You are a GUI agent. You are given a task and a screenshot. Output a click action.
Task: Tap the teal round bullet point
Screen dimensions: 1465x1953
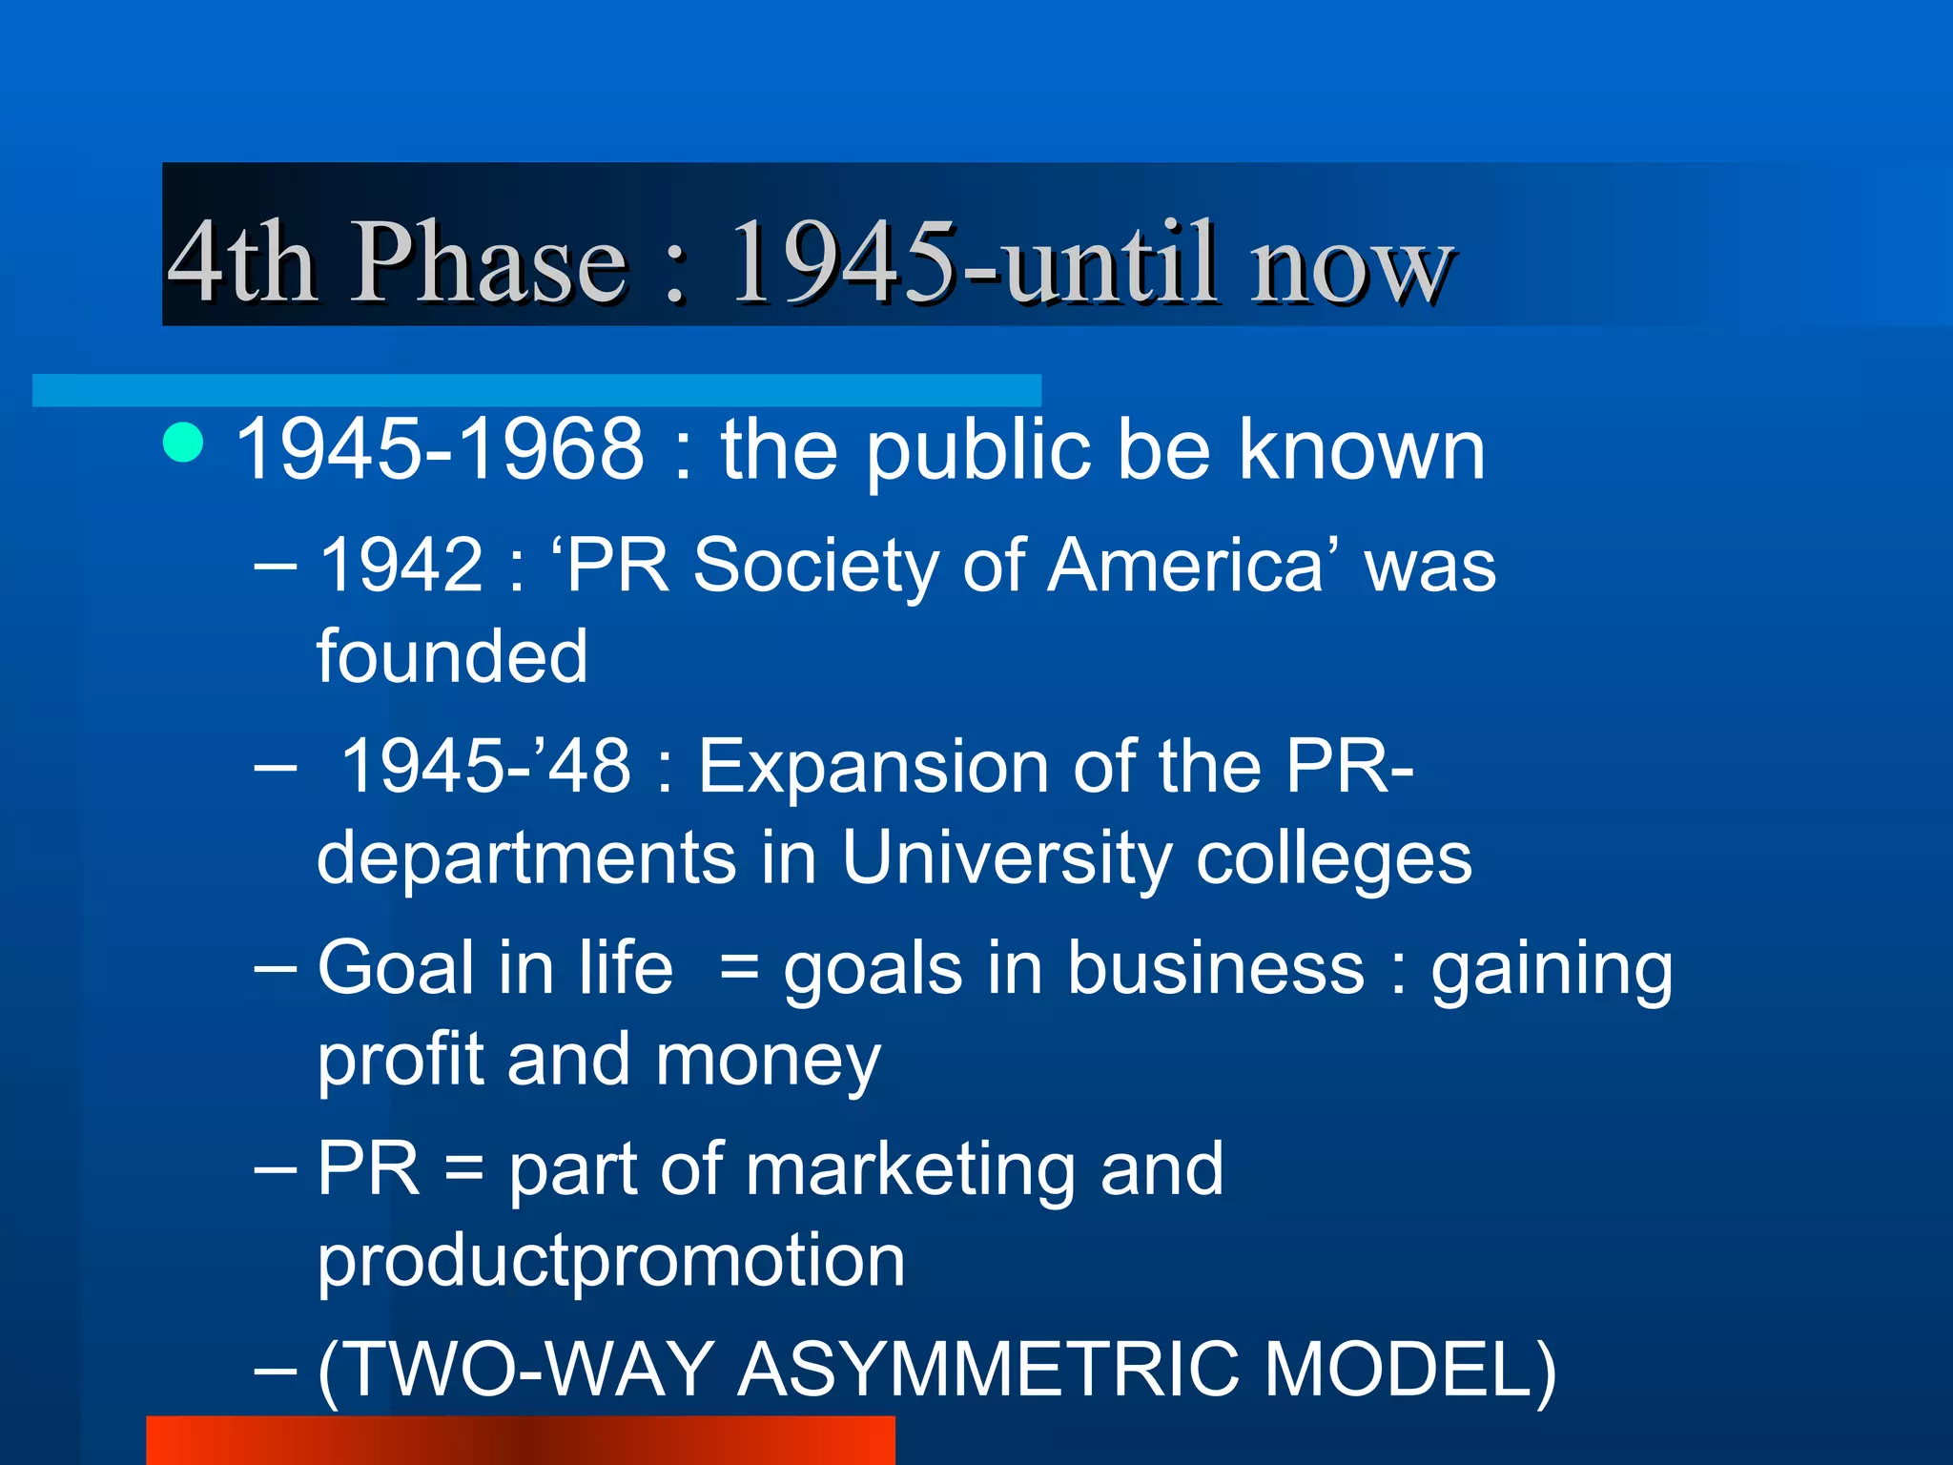183,443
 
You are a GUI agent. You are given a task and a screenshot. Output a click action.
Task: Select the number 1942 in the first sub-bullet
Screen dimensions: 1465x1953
401,565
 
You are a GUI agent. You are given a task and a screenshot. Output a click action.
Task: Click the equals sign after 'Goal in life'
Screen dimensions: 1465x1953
739,969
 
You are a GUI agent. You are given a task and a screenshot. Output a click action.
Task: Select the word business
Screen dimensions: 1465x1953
1216,968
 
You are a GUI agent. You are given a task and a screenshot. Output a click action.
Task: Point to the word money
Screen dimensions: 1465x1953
768,1061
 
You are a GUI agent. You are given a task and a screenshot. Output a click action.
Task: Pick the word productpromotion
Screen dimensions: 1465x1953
611,1261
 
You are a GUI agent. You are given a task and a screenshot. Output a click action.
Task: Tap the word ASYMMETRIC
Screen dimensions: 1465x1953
989,1370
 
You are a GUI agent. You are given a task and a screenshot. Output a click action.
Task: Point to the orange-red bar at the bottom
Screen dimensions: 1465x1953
521,1440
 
